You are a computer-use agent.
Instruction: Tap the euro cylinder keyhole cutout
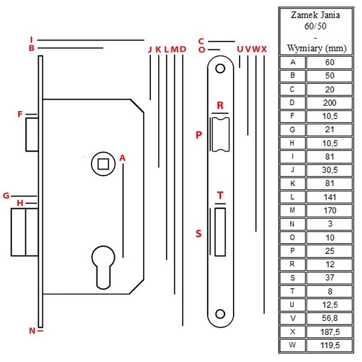point(103,267)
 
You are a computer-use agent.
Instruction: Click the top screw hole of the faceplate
point(220,68)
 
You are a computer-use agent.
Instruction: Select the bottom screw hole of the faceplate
point(220,314)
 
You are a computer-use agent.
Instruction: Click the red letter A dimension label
point(122,158)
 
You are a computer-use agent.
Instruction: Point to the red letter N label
point(33,331)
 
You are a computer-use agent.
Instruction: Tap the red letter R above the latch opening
point(220,106)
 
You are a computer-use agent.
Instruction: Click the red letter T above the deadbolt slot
point(220,195)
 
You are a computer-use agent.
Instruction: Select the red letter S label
point(198,233)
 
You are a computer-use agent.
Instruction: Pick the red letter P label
point(198,135)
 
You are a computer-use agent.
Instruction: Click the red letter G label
point(6,195)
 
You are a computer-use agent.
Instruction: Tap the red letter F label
point(20,114)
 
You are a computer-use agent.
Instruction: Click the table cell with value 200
point(329,103)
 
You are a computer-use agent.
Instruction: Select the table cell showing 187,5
point(329,332)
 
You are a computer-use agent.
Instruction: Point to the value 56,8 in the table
point(329,318)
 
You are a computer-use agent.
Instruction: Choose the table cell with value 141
point(329,197)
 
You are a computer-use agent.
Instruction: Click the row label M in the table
point(292,211)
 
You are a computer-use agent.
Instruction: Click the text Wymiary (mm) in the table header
point(317,48)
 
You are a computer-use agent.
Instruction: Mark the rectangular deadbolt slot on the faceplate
point(220,232)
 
